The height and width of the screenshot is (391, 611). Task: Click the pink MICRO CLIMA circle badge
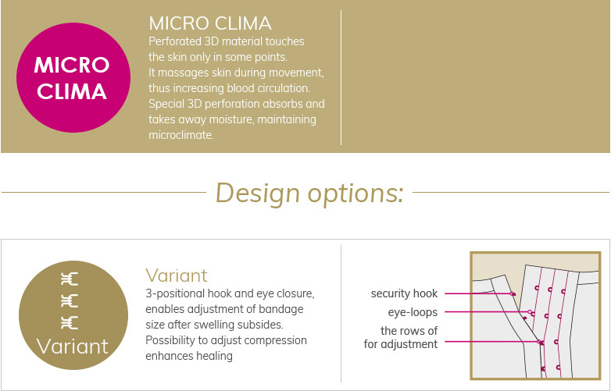point(73,77)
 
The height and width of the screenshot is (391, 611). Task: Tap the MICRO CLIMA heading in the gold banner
point(210,23)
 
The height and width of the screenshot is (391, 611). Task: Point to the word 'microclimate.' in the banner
point(181,135)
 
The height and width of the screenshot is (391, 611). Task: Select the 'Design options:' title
point(309,193)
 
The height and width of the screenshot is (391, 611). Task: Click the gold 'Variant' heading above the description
point(177,275)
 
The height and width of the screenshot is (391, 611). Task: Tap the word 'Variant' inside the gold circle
point(73,347)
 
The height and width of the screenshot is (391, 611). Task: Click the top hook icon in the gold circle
point(70,279)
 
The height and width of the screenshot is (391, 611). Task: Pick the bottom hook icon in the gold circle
point(70,323)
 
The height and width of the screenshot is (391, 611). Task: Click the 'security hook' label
point(404,293)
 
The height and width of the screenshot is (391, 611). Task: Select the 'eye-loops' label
point(413,312)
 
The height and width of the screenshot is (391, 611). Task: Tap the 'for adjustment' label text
point(401,344)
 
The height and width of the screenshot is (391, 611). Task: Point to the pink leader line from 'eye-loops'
point(487,311)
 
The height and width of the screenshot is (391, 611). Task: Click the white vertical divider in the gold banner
point(341,78)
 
